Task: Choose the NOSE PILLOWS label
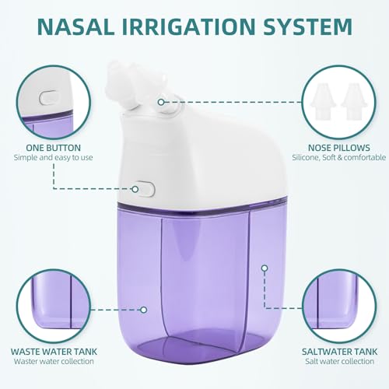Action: click(336, 146)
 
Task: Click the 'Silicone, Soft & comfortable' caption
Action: click(336, 158)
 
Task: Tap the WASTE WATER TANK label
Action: click(54, 350)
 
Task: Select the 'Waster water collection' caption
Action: click(54, 362)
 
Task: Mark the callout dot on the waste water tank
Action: click(144, 309)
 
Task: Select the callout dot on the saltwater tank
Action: click(265, 268)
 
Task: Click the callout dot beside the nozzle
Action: click(161, 101)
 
